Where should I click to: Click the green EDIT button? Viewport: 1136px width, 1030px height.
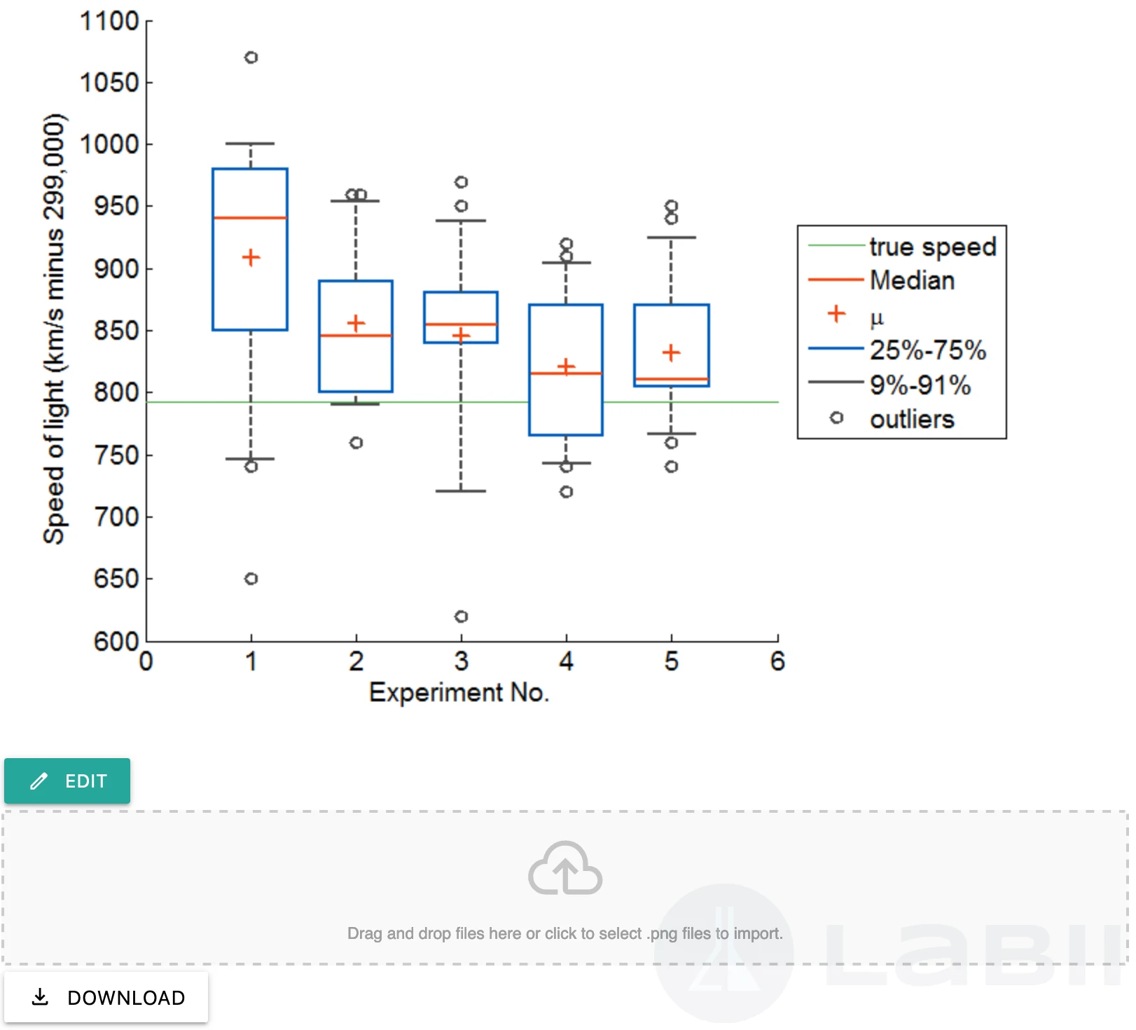point(67,781)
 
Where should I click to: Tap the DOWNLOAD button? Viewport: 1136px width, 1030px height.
point(106,997)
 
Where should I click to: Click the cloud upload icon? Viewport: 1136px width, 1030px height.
point(565,868)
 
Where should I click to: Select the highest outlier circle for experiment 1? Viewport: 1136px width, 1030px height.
point(251,57)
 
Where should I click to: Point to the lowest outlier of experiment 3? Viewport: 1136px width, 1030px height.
point(461,617)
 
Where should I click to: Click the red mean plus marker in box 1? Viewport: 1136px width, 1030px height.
point(251,258)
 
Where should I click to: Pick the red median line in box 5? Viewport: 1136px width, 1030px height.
point(672,379)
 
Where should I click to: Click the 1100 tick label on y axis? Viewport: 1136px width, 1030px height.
point(109,21)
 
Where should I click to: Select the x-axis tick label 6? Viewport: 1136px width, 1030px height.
point(777,661)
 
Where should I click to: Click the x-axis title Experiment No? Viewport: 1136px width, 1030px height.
point(459,692)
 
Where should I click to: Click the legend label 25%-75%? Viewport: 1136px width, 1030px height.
point(928,350)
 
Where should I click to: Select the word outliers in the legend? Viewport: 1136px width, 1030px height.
point(912,419)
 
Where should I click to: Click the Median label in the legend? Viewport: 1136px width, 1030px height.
point(912,280)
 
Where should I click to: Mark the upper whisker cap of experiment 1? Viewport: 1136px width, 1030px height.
point(250,144)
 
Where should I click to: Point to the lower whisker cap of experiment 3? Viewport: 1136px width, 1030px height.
point(461,491)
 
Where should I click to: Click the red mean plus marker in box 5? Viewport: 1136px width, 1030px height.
point(671,352)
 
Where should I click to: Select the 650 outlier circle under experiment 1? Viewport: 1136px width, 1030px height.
point(251,579)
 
